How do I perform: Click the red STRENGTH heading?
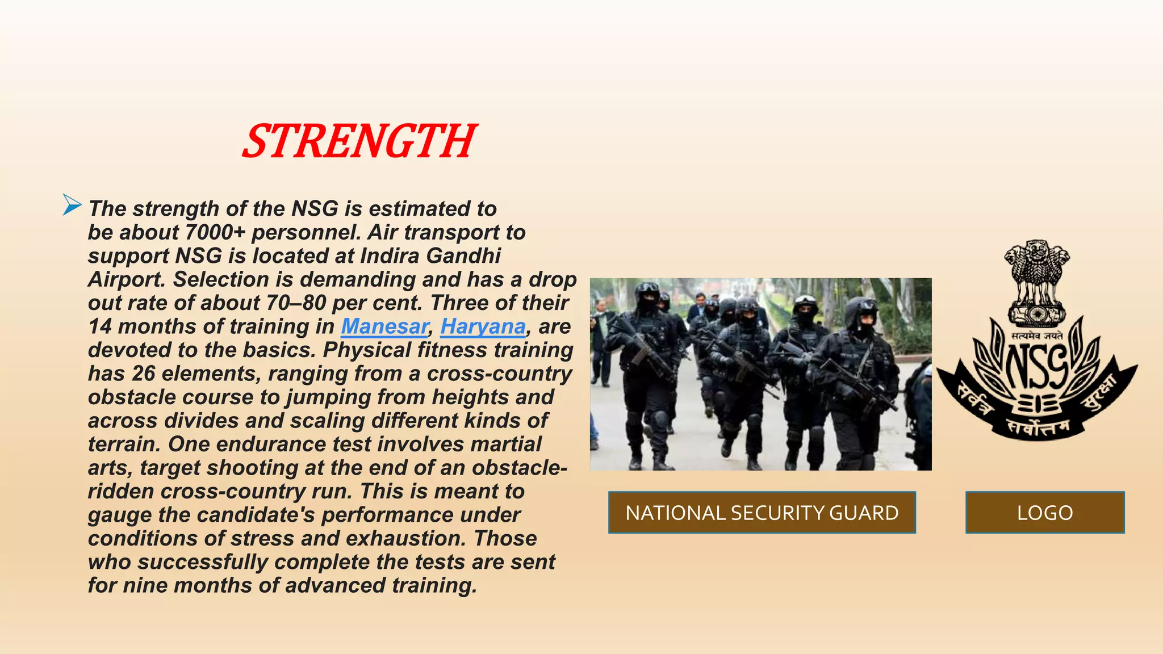point(359,141)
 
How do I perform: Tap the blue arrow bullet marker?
point(72,205)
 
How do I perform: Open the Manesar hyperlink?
point(384,326)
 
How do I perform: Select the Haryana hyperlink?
point(483,326)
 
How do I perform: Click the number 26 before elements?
point(143,374)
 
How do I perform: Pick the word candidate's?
point(257,515)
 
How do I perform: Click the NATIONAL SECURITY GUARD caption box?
point(762,513)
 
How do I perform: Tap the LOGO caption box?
point(1044,513)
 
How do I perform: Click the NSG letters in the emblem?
point(1037,366)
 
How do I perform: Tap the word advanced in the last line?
point(335,585)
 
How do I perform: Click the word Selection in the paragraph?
point(221,279)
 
